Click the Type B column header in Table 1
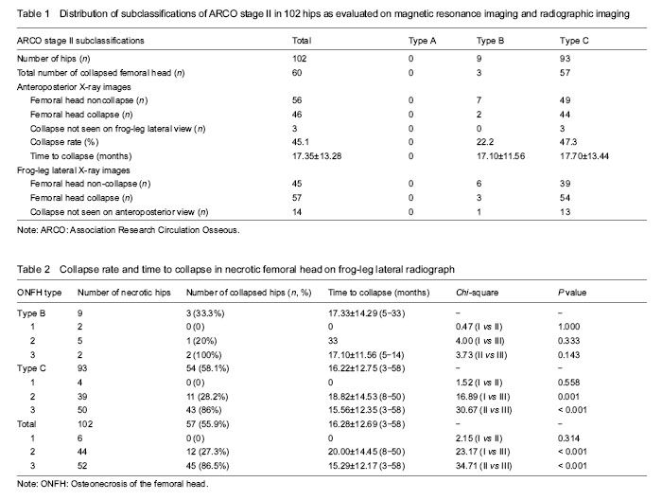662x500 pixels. point(490,41)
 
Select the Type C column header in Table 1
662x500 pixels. point(574,41)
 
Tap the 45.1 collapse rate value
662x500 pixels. point(300,142)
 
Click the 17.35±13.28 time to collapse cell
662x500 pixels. point(317,156)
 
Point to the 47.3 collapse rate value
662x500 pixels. point(567,142)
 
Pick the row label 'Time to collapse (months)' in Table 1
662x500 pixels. point(80,156)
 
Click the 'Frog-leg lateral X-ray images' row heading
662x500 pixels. point(74,170)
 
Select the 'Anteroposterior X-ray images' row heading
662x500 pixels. point(74,87)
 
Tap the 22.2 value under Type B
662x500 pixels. point(485,142)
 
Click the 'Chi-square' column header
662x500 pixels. point(477,293)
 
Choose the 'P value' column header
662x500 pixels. point(572,293)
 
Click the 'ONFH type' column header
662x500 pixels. point(40,293)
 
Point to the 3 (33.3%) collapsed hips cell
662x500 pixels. point(205,313)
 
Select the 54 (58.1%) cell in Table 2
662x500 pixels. point(207,368)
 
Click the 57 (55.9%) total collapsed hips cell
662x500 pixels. point(207,424)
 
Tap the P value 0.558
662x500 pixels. point(568,383)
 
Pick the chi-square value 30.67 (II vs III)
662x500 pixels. point(483,410)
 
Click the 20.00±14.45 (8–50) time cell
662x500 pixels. point(367,452)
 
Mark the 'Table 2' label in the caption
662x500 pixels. point(33,269)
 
